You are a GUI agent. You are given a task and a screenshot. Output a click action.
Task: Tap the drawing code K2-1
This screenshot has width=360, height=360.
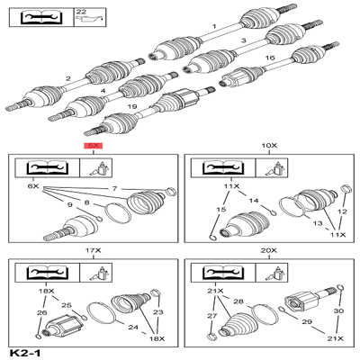24,352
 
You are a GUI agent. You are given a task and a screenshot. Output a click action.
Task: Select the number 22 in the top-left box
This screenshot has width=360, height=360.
82,11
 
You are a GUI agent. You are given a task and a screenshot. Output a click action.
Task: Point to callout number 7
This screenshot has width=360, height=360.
114,187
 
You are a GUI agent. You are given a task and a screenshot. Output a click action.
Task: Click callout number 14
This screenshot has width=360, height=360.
255,201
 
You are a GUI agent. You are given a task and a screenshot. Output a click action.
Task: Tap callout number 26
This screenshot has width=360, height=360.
40,312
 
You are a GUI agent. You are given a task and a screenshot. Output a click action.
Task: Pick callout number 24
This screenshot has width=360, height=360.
131,327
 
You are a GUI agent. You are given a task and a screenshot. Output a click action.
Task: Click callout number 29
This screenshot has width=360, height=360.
306,322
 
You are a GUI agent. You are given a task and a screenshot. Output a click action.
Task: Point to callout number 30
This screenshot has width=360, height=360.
338,311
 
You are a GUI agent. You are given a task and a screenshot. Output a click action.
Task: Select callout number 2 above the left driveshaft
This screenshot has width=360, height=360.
68,79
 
